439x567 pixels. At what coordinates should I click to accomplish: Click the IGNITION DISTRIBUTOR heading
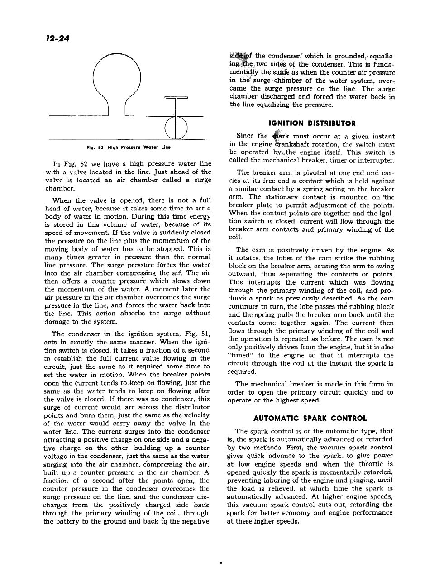click(312, 123)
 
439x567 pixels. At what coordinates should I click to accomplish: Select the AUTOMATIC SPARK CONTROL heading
click(310, 418)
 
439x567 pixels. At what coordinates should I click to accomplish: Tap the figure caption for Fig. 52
click(129, 147)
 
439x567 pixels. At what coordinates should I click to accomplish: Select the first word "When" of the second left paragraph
click(62, 200)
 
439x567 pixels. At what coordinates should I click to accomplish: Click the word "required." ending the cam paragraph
click(242, 372)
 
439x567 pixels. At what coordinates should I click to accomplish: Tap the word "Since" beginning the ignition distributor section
click(246, 136)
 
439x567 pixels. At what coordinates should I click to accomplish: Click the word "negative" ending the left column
click(195, 521)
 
